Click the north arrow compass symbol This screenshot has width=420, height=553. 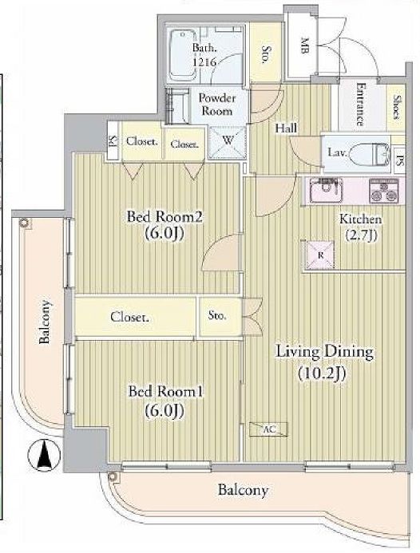[44, 455]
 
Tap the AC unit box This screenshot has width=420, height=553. [268, 429]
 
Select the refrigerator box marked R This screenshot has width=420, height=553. [320, 255]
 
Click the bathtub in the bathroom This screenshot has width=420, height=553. [183, 55]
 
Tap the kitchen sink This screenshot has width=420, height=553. [326, 190]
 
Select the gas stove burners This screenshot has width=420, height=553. [383, 191]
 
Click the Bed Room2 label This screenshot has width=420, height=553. [164, 216]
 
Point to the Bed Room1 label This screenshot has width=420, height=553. [165, 391]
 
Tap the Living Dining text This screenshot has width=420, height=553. [324, 353]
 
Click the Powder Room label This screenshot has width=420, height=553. [217, 104]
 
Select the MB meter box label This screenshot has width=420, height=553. [303, 45]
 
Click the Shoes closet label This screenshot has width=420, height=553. [397, 107]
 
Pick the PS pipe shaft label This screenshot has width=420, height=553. [400, 161]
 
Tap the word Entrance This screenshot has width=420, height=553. [360, 104]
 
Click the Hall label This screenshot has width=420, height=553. [286, 128]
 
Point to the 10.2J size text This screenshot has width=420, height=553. [321, 373]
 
